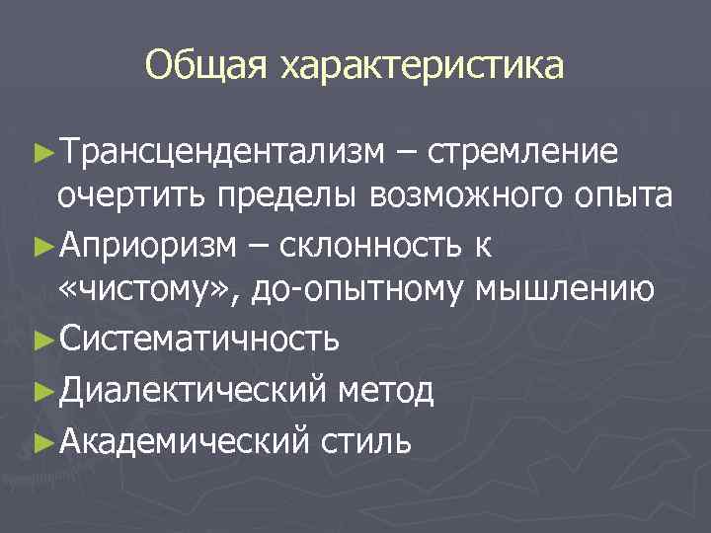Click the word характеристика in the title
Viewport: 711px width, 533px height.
pyautogui.click(x=422, y=66)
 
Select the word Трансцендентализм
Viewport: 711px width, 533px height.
pyautogui.click(x=218, y=153)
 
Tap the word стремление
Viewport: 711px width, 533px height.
pyautogui.click(x=528, y=153)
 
